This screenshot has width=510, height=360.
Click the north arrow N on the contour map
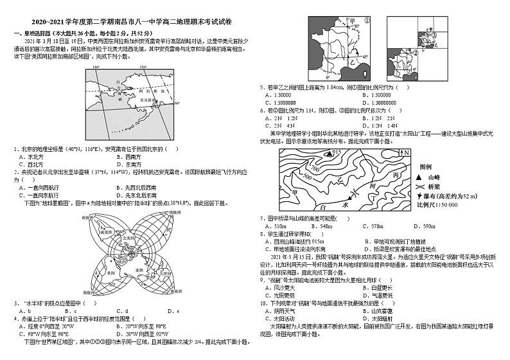[405, 152]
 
